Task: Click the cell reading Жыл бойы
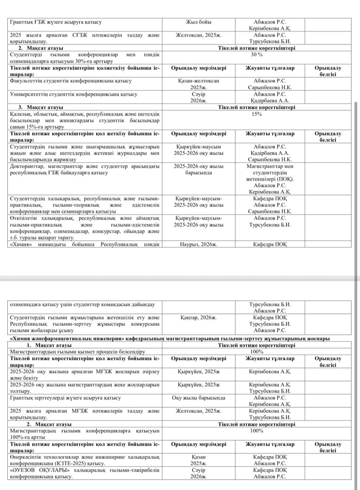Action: (198, 22)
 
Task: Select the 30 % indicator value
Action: (257, 55)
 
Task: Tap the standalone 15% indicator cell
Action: (257, 114)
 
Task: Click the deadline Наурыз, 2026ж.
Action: (198, 244)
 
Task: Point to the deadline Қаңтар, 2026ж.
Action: (198, 317)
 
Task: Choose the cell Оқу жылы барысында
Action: (198, 398)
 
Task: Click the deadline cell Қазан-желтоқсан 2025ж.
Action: (198, 84)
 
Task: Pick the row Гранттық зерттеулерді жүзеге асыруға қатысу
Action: (65, 398)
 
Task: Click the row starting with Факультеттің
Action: (71, 81)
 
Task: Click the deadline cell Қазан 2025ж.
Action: (198, 460)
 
